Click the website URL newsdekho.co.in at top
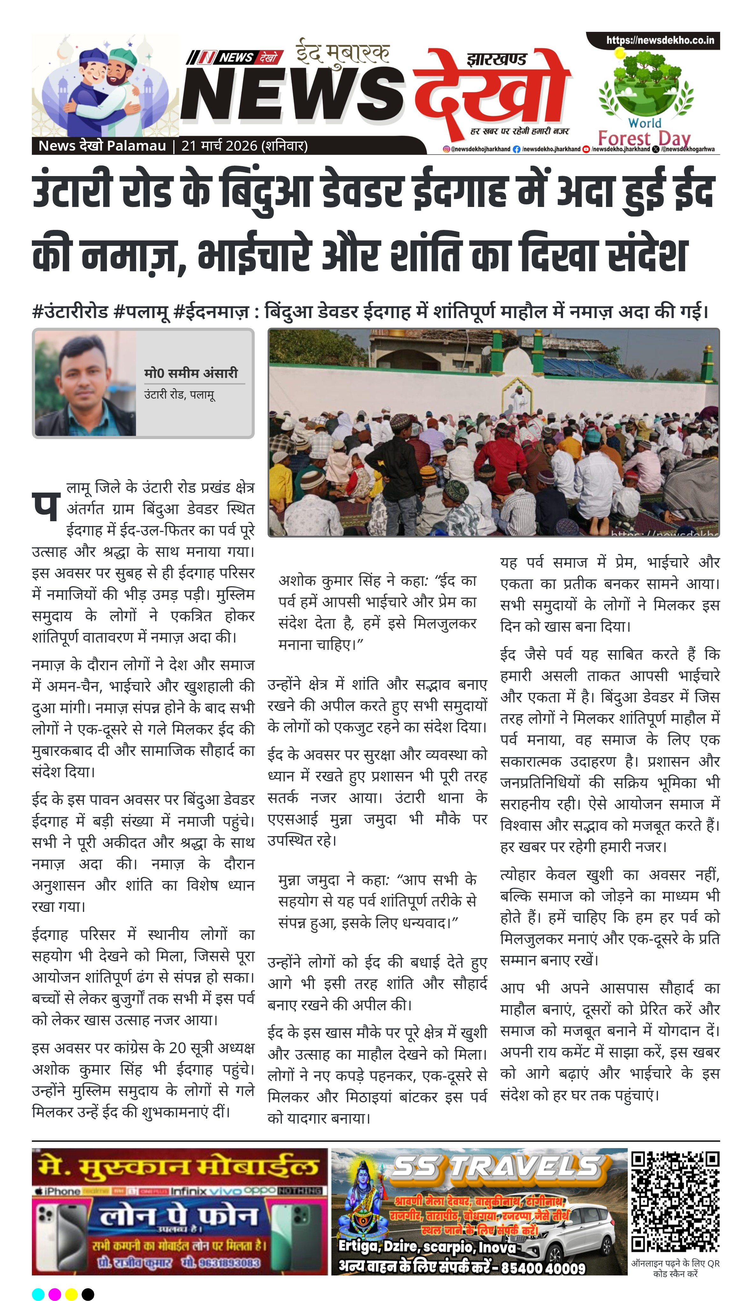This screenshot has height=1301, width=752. click(660, 40)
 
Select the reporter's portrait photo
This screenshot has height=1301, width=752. click(85, 383)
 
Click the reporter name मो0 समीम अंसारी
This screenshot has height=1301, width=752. click(191, 373)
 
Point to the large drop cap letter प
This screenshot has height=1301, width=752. click(46, 505)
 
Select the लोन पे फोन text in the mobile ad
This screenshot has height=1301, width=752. click(178, 1216)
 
